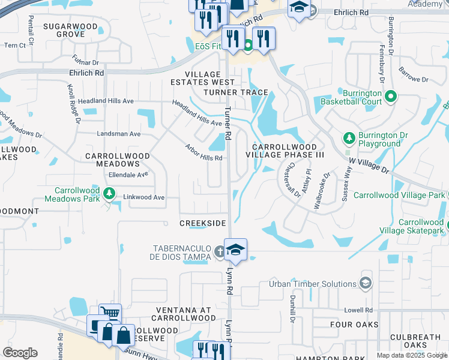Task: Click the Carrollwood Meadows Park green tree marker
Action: click(109, 193)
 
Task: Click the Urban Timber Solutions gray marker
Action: click(365, 283)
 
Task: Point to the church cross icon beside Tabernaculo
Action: click(220, 252)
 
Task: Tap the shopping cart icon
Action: click(110, 313)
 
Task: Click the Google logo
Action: click(20, 353)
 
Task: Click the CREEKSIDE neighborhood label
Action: click(203, 223)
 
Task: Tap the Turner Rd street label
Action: click(228, 124)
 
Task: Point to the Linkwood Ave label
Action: click(143, 197)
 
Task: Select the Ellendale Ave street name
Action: click(128, 175)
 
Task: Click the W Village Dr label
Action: click(369, 164)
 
